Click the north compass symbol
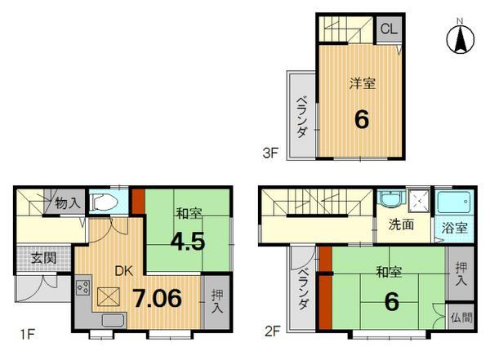pyautogui.click(x=462, y=38)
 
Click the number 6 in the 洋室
pyautogui.click(x=361, y=120)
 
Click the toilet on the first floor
pyautogui.click(x=105, y=202)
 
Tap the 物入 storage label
pyautogui.click(x=67, y=203)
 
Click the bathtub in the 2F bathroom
pyautogui.click(x=452, y=202)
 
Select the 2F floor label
pyautogui.click(x=272, y=332)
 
